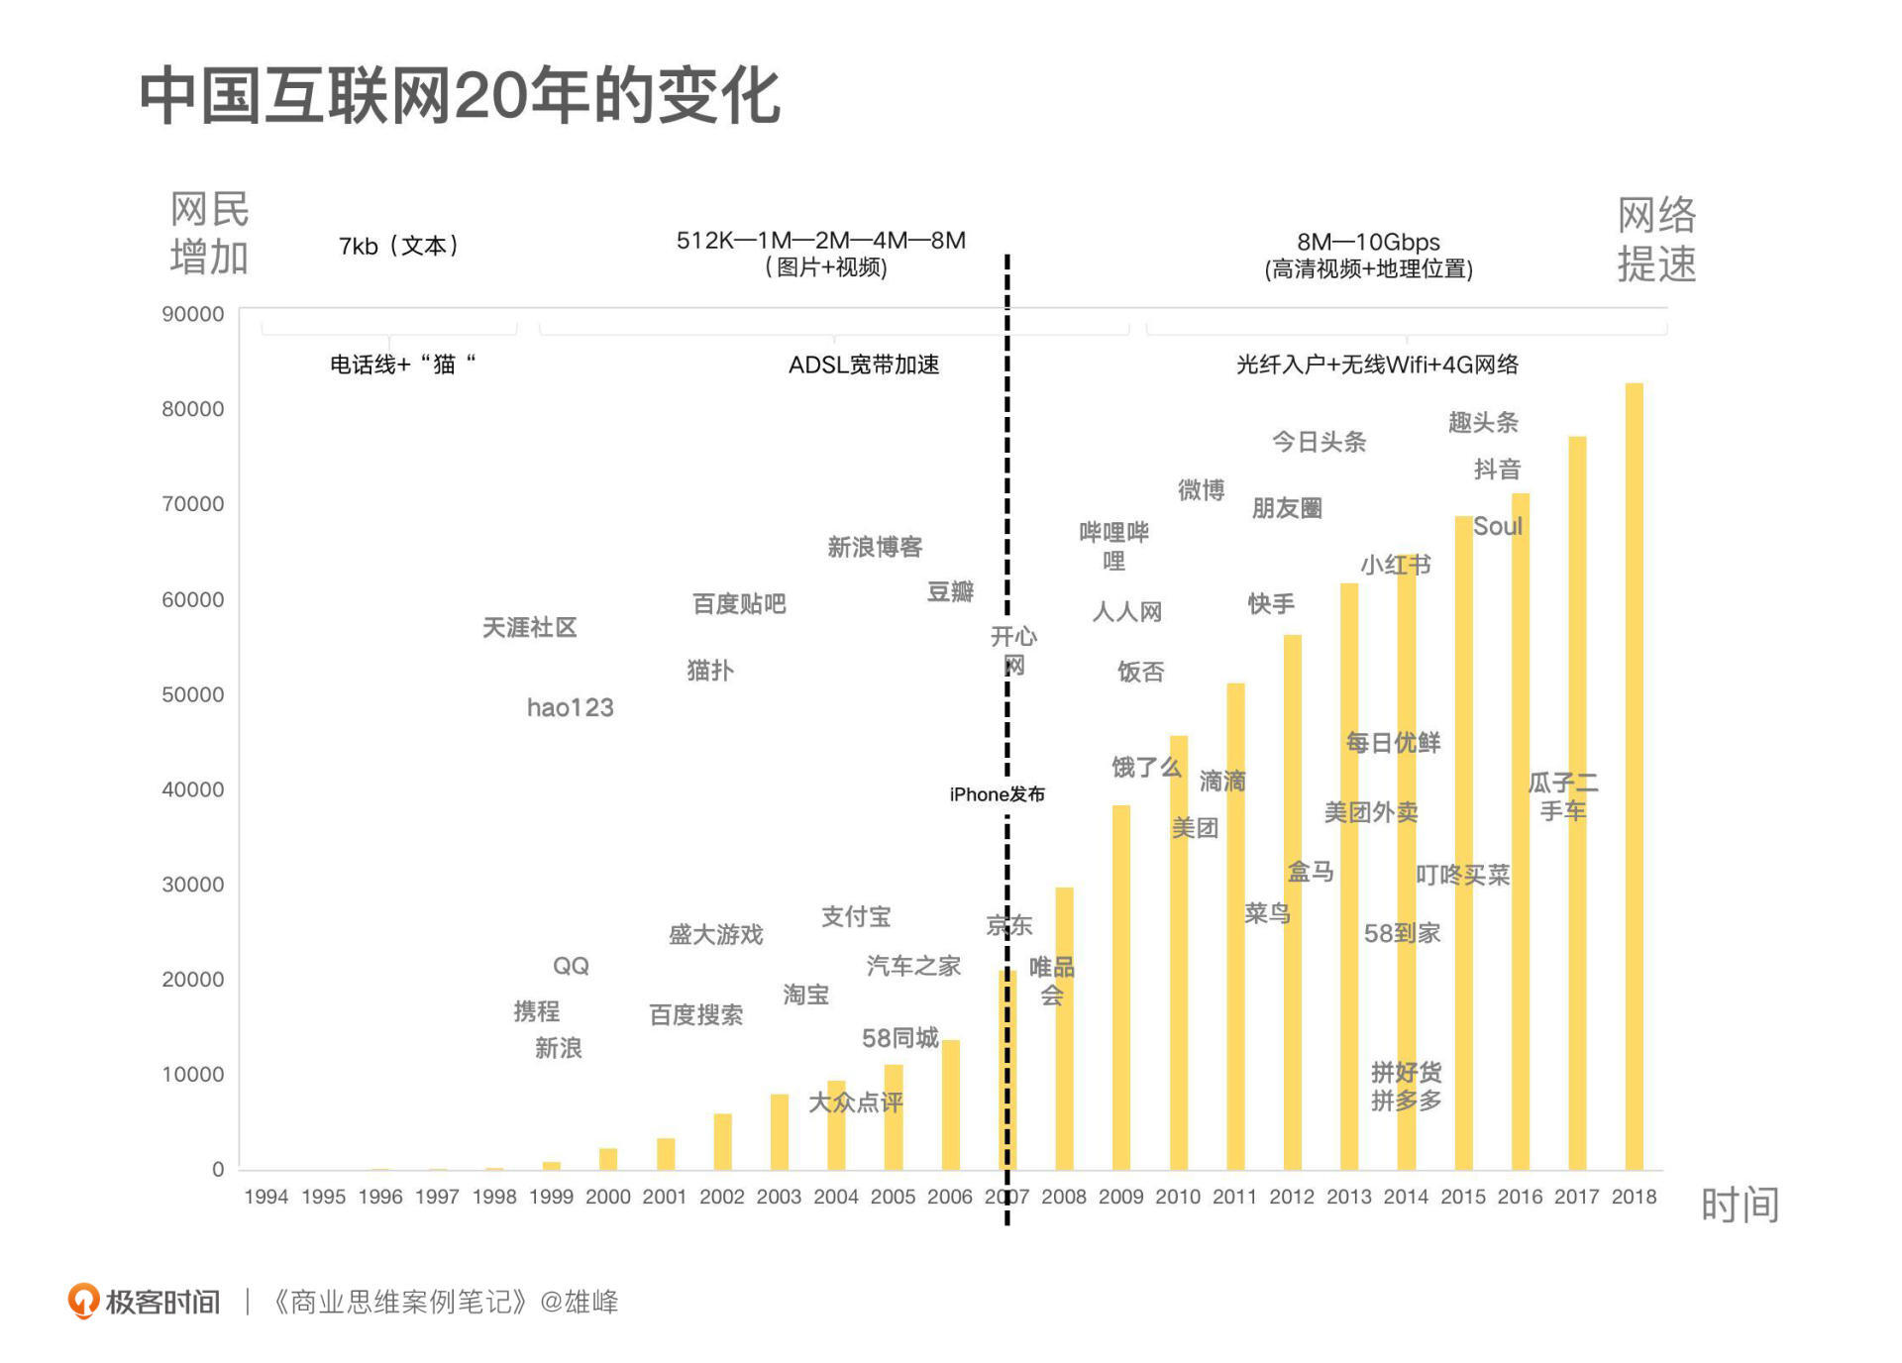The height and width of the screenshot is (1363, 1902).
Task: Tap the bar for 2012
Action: (x=1292, y=901)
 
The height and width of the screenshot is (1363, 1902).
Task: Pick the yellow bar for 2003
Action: (x=780, y=1131)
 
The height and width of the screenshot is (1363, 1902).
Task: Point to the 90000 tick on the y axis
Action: (x=193, y=314)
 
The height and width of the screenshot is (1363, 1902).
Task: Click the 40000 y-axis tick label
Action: (x=193, y=789)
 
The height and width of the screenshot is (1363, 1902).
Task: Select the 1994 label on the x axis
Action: (x=266, y=1197)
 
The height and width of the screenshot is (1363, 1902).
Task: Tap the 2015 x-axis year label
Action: (x=1463, y=1197)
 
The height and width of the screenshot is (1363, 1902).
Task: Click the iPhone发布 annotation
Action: (x=997, y=794)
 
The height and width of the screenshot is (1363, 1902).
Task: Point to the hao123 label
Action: (x=570, y=707)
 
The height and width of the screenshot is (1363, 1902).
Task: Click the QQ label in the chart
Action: (x=571, y=966)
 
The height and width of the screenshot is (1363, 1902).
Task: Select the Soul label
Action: (x=1497, y=527)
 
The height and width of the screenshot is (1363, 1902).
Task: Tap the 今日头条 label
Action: (x=1319, y=442)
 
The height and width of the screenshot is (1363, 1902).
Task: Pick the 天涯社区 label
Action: (x=529, y=627)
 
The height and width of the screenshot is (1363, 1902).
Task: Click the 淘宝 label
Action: (x=805, y=995)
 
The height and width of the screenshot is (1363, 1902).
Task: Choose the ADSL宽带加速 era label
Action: (x=864, y=365)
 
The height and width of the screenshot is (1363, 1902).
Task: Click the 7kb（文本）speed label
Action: (x=398, y=246)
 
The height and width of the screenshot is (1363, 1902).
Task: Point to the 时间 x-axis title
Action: (x=1740, y=1205)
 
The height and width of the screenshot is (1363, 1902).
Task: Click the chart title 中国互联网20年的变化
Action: (x=460, y=96)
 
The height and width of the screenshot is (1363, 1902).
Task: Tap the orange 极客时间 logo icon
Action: (x=83, y=1301)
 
